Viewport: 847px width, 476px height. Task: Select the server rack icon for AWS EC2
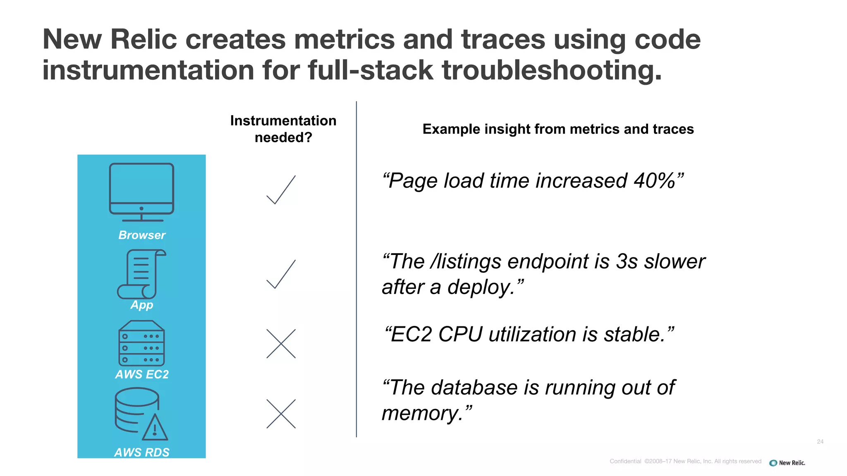141,343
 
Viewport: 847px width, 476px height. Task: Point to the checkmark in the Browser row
281,190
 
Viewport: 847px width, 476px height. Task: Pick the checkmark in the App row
281,274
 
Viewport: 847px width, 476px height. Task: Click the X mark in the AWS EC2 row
281,343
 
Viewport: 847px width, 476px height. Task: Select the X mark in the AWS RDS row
281,414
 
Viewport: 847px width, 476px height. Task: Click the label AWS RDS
142,452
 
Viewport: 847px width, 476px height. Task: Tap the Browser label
142,235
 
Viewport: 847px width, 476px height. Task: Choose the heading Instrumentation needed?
283,129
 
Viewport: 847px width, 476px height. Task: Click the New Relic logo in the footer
787,463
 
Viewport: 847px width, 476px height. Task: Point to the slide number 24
820,442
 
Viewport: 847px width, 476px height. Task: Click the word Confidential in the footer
625,462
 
